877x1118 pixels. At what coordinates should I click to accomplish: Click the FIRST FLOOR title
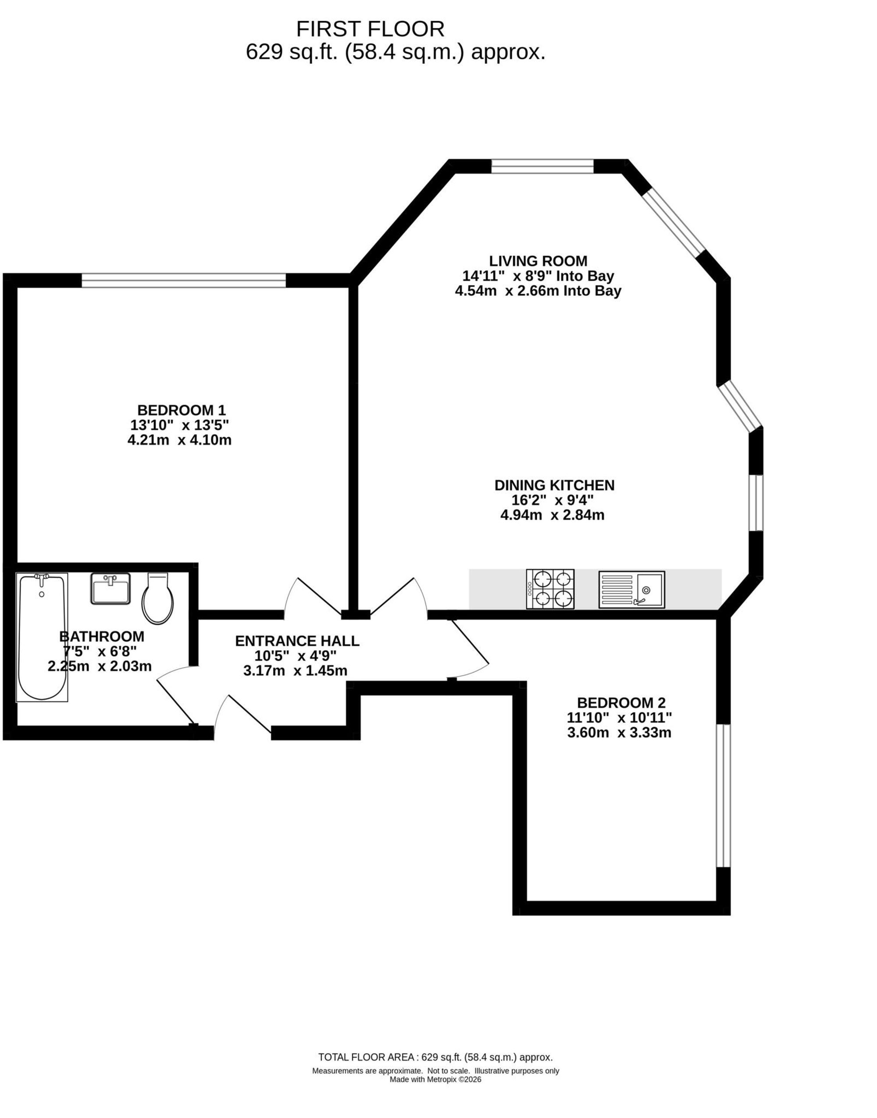coord(370,29)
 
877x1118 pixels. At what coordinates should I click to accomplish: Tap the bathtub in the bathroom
coord(42,637)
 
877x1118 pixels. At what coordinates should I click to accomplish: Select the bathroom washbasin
coord(111,588)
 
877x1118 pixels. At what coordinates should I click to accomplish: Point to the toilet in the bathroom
coord(157,598)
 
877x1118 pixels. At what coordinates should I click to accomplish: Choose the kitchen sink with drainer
coord(631,590)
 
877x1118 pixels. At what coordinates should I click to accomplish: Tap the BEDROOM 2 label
coord(621,703)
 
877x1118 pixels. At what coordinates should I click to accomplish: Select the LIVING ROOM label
coord(538,261)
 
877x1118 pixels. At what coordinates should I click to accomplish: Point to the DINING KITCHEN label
coord(555,485)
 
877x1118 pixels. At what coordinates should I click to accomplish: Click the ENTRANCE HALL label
coord(297,641)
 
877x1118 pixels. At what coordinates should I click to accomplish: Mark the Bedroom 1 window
coord(184,280)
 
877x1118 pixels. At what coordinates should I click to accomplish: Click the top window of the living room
coord(543,167)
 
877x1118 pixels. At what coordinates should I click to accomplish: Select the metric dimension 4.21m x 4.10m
coord(180,440)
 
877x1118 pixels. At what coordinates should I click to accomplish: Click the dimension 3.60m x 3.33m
coord(619,733)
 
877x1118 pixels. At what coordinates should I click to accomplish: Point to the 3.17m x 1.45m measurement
coord(295,670)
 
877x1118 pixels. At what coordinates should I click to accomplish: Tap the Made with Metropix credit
coord(435,1079)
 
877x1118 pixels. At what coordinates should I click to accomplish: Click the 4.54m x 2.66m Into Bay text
coord(538,291)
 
